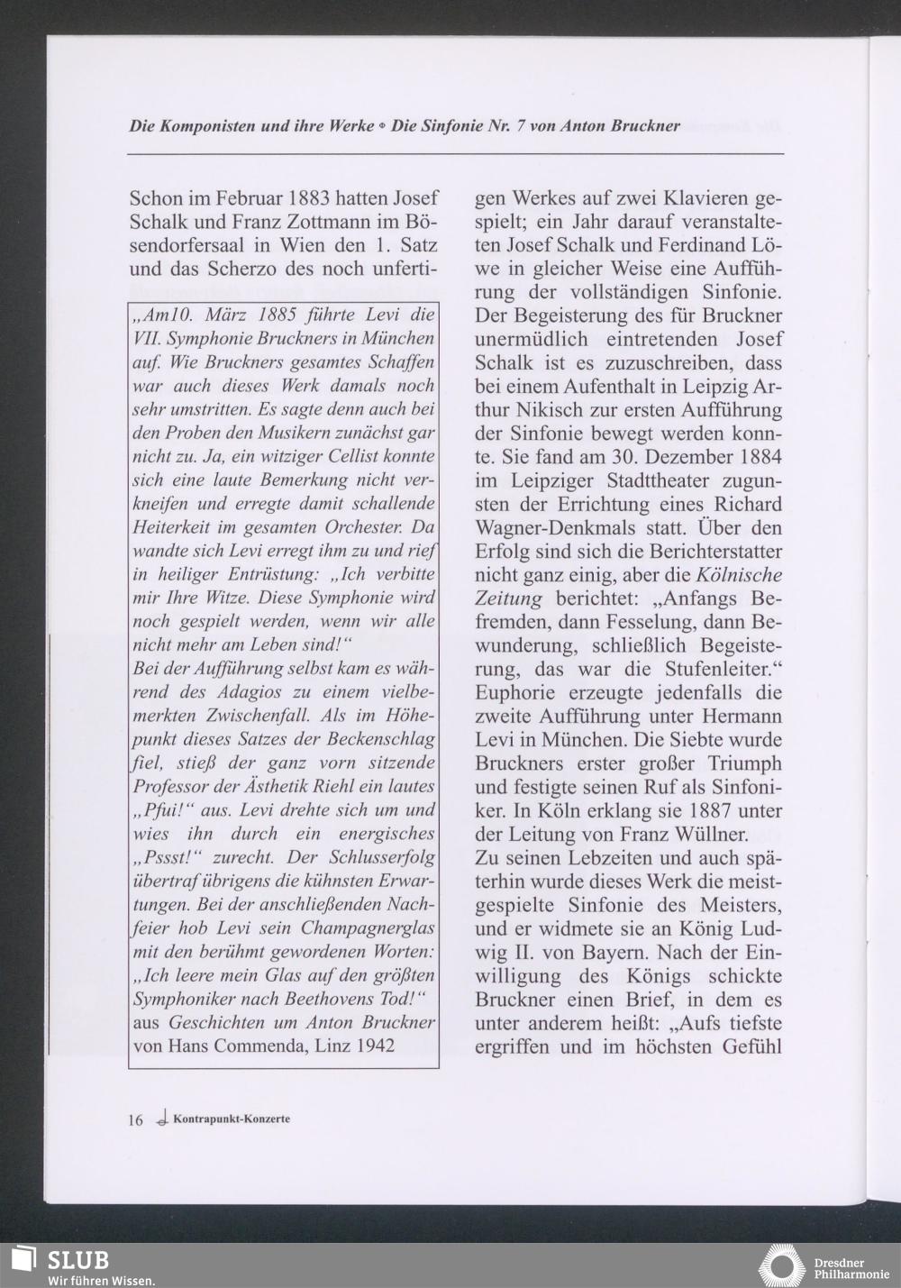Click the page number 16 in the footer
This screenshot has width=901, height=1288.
(135, 1120)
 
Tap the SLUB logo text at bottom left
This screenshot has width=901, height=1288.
(77, 1259)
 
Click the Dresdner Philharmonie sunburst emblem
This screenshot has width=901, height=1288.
(781, 1265)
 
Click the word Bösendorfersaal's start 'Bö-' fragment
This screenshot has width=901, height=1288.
(422, 222)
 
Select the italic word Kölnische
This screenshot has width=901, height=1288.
(740, 575)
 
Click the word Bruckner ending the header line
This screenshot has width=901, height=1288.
(641, 126)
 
